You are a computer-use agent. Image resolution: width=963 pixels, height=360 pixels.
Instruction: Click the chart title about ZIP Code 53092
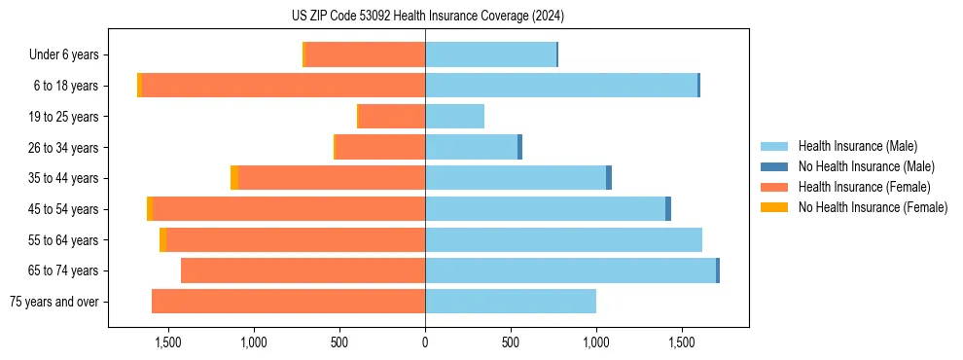[x=427, y=17]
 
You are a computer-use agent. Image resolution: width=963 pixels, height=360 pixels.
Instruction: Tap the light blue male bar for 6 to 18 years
[x=560, y=86]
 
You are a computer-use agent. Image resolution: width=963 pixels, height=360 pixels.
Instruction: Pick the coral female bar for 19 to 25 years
[x=392, y=117]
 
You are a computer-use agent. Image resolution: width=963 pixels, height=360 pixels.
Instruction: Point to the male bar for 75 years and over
[x=510, y=302]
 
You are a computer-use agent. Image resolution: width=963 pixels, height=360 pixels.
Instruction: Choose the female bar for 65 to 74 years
[x=303, y=270]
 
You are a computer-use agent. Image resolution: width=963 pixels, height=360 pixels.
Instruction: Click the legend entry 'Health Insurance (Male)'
[x=857, y=146]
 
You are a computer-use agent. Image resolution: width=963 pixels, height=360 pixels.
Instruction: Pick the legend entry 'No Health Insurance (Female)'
[x=872, y=207]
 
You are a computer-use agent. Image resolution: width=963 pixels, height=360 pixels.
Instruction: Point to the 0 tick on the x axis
[x=425, y=342]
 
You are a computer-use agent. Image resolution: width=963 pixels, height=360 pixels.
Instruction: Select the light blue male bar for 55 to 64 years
[x=563, y=239]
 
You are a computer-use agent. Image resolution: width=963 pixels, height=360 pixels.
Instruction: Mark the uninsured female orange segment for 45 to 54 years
[x=150, y=209]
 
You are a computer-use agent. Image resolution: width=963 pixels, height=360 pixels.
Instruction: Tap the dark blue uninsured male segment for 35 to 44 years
[x=609, y=178]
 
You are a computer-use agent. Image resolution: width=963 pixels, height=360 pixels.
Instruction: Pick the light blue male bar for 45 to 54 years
[x=545, y=209]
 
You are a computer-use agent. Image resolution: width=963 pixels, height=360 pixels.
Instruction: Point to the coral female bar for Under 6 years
[x=365, y=54]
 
